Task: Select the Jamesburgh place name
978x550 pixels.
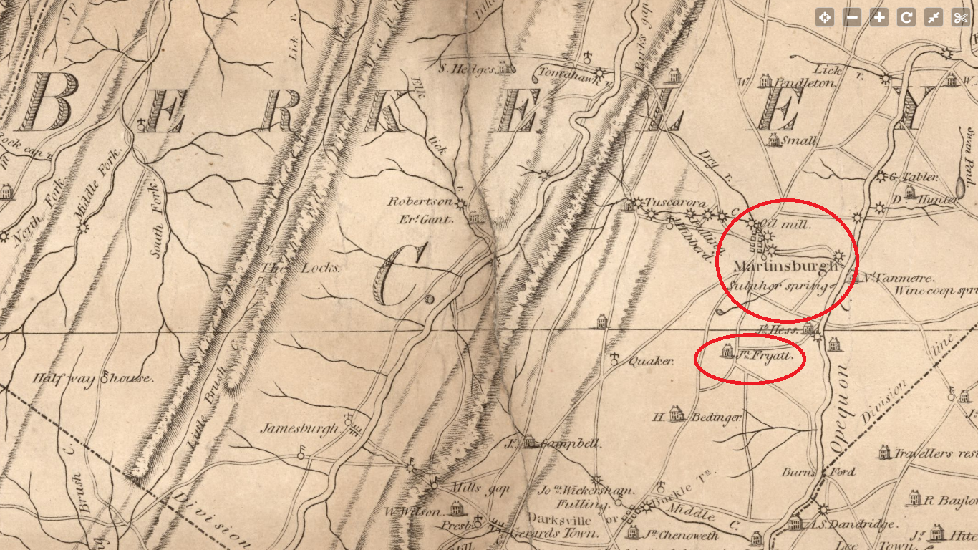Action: click(299, 429)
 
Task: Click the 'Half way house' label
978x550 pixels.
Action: click(92, 378)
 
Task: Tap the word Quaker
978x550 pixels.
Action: click(651, 362)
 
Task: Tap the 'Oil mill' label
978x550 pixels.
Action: click(787, 225)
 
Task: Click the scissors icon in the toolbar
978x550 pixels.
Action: click(960, 18)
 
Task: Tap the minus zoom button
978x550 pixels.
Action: click(852, 18)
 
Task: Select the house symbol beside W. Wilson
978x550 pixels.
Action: click(455, 508)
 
